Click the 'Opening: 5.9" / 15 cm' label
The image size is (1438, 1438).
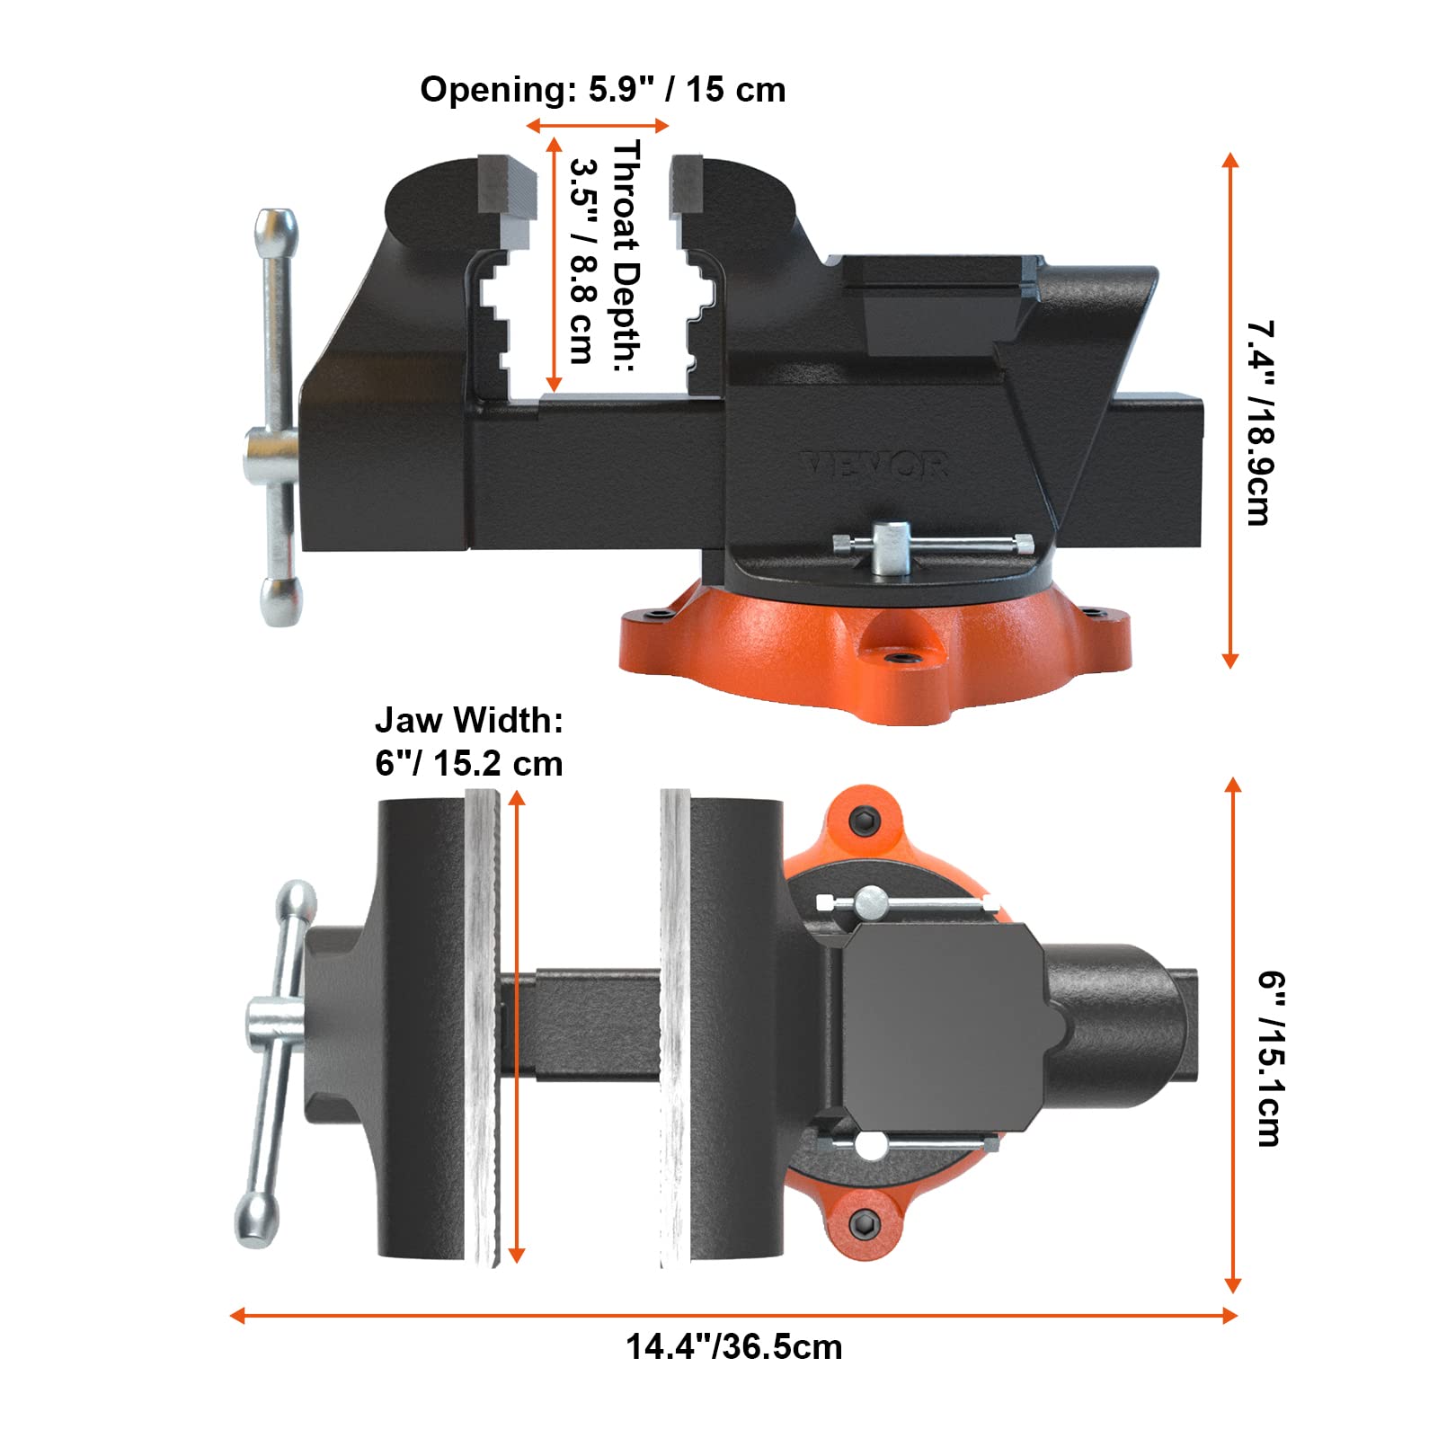click(x=602, y=90)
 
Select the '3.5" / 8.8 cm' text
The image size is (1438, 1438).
click(x=583, y=261)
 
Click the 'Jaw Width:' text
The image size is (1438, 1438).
click(x=468, y=720)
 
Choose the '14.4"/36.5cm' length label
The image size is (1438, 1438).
click(x=733, y=1347)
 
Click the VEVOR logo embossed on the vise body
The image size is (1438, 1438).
click(x=874, y=465)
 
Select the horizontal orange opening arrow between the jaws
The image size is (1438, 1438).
click(x=598, y=126)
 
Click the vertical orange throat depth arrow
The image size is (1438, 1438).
click(x=554, y=265)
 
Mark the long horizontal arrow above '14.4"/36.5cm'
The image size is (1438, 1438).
click(x=733, y=1316)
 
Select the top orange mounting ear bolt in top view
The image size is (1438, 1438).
click(x=865, y=820)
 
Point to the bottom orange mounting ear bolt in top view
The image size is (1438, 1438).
click(x=865, y=1222)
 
